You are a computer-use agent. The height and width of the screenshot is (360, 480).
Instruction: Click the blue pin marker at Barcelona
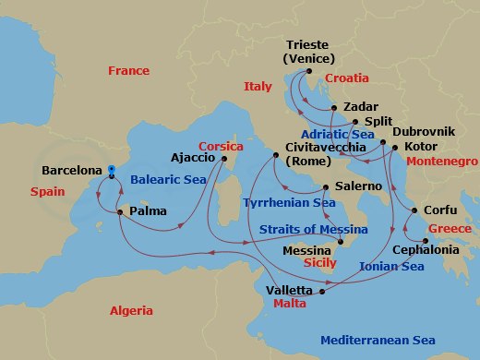click(x=110, y=171)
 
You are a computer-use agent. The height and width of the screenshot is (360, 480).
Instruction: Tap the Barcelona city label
click(x=72, y=171)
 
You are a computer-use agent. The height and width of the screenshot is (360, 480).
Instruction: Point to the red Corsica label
click(x=222, y=146)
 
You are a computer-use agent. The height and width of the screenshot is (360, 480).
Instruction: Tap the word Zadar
click(x=360, y=106)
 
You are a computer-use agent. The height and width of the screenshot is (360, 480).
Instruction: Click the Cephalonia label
click(x=425, y=249)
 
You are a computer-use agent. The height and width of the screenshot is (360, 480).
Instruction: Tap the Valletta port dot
click(x=322, y=291)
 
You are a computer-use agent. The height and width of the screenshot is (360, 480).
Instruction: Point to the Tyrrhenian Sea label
click(x=290, y=202)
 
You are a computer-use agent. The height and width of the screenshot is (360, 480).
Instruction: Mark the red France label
click(x=128, y=71)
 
